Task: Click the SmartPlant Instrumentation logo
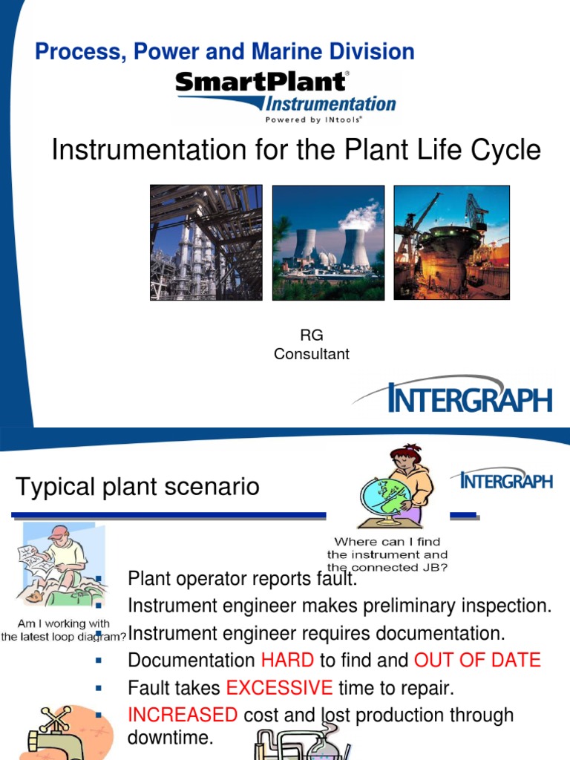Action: (286, 96)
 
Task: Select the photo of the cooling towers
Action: (328, 243)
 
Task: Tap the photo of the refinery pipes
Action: (206, 243)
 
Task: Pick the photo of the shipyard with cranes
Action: (451, 243)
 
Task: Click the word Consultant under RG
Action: (311, 354)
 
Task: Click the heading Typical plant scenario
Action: (137, 487)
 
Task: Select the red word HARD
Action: (287, 660)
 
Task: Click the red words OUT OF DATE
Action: (477, 660)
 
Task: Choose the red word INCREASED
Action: (183, 715)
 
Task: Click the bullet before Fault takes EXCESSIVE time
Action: (99, 688)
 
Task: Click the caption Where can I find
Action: (387, 542)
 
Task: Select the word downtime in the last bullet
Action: (170, 738)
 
